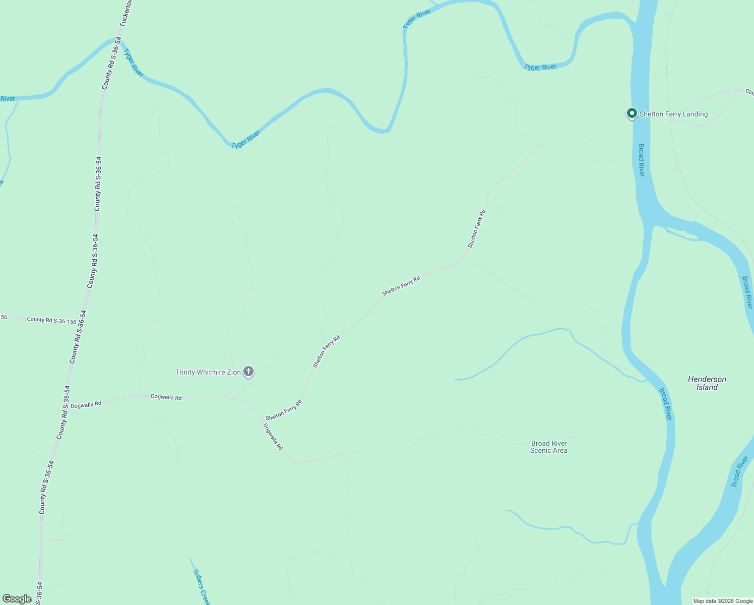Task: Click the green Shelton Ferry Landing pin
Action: pyautogui.click(x=632, y=113)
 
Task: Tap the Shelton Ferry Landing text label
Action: pyautogui.click(x=673, y=114)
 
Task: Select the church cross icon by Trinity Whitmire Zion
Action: pyautogui.click(x=248, y=372)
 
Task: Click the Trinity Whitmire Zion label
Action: pyautogui.click(x=208, y=373)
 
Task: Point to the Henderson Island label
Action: pyautogui.click(x=707, y=383)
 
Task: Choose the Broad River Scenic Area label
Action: pyautogui.click(x=549, y=447)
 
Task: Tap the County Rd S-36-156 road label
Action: pyautogui.click(x=51, y=320)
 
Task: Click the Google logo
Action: pyautogui.click(x=17, y=599)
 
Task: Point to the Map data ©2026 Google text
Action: pyautogui.click(x=723, y=601)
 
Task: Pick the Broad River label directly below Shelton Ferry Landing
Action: pyautogui.click(x=642, y=160)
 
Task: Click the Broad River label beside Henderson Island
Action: pyautogui.click(x=665, y=403)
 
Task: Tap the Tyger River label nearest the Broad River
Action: pyautogui.click(x=540, y=67)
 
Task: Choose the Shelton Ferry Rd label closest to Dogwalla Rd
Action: pyautogui.click(x=284, y=410)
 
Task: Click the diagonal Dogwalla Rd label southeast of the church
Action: pyautogui.click(x=273, y=436)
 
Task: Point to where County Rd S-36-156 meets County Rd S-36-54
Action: pyautogui.click(x=82, y=322)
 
